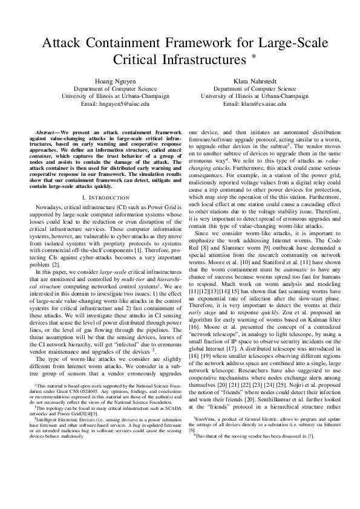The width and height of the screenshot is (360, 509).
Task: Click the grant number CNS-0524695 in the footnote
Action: pos(92,406)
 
